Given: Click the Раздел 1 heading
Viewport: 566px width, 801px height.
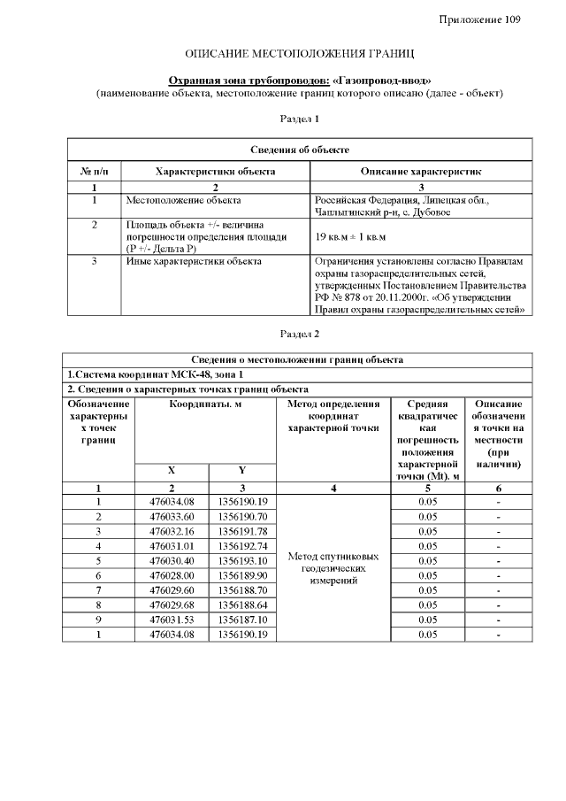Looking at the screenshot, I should point(299,118).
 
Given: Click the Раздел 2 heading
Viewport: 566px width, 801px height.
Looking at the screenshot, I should point(299,334).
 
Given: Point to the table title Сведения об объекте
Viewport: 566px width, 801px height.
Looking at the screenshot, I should point(299,150).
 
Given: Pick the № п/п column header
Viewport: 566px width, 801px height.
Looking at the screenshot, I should point(94,170).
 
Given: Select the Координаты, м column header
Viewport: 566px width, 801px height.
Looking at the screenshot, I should point(206,404).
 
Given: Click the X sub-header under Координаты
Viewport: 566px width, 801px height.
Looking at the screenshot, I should point(172,470).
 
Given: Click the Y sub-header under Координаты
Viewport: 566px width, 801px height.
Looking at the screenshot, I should point(242,470).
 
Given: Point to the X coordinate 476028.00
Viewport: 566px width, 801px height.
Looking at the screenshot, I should point(172,574).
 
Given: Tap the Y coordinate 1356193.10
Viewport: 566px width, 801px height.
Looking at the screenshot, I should point(242,560).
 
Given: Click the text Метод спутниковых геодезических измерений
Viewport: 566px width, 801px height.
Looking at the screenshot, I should point(333,568).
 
